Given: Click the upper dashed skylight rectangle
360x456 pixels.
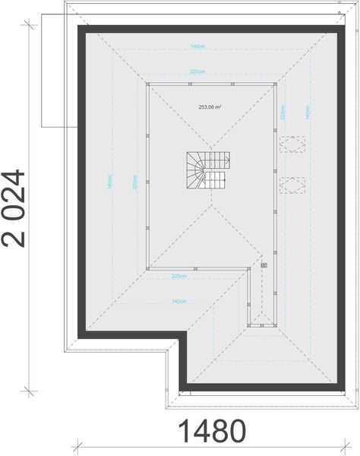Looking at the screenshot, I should coord(293,144).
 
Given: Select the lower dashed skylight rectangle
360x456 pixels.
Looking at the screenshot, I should coord(293,185).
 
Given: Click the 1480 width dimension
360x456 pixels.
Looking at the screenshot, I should coord(213,432).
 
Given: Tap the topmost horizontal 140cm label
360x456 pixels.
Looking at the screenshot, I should coord(199,47).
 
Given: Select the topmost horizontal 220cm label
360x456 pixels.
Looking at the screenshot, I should coord(199,73).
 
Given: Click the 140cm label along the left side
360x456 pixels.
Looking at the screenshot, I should coord(111,185).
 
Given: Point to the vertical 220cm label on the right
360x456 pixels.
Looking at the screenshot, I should coord(283,113).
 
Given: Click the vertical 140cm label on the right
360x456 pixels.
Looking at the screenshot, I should coord(308,113).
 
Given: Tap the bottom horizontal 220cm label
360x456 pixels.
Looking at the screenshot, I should coord(178,276).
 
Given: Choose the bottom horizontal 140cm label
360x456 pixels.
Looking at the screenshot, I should coord(178,302).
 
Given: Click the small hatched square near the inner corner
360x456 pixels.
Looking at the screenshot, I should coord(264,265).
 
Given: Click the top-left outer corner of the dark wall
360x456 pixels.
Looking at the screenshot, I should coord(77,27).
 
